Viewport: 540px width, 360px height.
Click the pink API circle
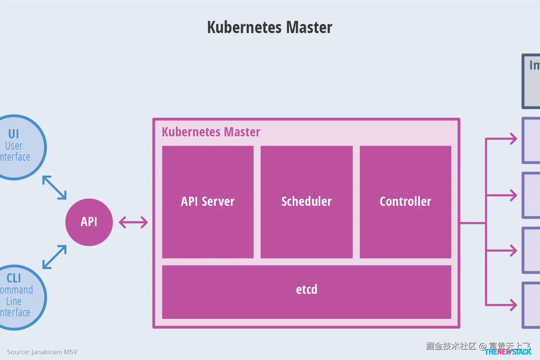click(x=89, y=222)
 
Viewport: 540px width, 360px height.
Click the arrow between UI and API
click(x=54, y=187)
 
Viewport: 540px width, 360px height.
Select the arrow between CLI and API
click(x=54, y=257)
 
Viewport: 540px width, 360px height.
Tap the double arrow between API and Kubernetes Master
click(x=133, y=222)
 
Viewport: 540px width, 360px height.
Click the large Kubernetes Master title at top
click(x=270, y=27)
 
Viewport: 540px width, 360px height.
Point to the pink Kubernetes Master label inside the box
click(x=211, y=132)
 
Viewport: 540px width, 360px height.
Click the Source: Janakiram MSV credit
click(x=42, y=352)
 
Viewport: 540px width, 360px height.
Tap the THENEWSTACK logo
click(x=508, y=352)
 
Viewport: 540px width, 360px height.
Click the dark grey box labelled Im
click(x=532, y=81)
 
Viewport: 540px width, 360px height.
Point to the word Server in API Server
click(x=218, y=202)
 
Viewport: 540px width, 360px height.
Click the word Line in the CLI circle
click(x=14, y=301)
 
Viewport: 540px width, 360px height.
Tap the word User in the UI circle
click(x=14, y=146)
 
